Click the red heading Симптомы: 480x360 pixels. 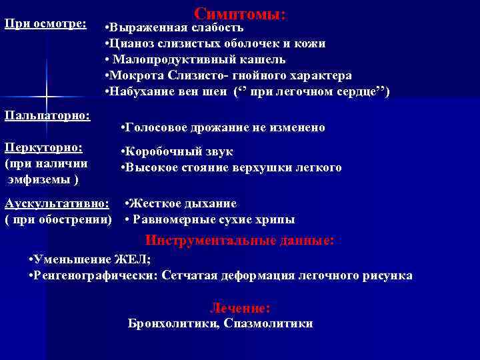(x=240, y=13)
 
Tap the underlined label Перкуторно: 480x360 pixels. (x=43, y=147)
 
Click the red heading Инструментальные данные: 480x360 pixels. (x=239, y=240)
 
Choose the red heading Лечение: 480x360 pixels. (x=240, y=308)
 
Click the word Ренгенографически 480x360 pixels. (x=99, y=275)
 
